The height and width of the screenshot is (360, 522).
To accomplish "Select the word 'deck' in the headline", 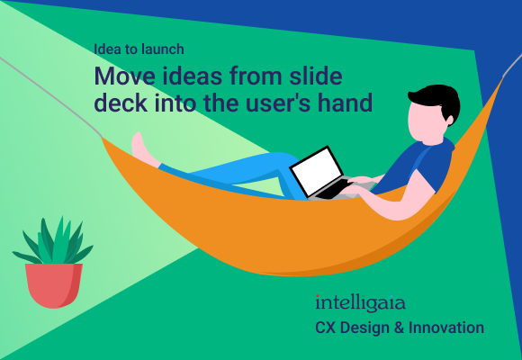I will [x=121, y=103].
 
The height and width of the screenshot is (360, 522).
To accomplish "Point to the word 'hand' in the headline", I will [x=346, y=103].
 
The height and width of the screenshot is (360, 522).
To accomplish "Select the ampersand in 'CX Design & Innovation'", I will [x=398, y=328].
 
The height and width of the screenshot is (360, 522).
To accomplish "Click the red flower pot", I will [x=53, y=284].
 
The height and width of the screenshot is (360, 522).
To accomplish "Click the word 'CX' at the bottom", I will [x=325, y=328].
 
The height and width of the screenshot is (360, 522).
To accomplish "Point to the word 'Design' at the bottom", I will [x=364, y=328].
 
